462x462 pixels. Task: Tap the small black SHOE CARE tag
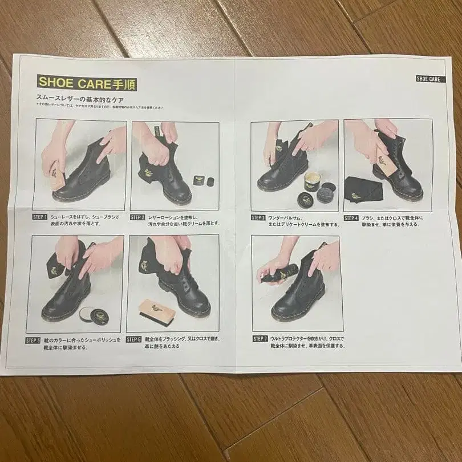(x=427, y=79)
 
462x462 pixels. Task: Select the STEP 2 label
(x=137, y=217)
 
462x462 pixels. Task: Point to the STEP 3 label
(x=258, y=217)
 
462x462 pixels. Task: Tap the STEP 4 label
(x=351, y=217)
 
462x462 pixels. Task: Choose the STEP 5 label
(x=33, y=341)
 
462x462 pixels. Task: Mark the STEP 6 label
(x=133, y=339)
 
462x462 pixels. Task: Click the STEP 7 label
(x=260, y=338)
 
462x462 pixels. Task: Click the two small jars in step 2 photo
(x=202, y=179)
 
